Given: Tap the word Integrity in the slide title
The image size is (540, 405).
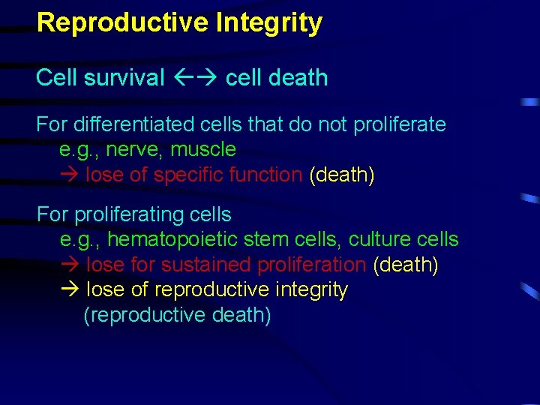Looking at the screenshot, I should tap(269, 22).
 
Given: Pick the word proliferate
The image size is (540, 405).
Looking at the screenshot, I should tap(397, 124).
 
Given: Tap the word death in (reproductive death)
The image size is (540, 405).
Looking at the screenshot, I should tap(240, 315).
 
